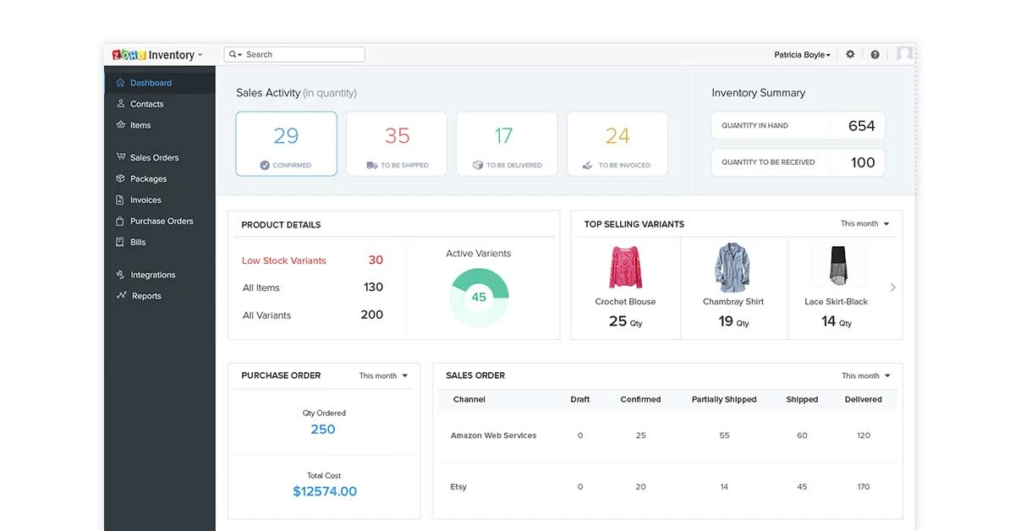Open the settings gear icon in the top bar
(x=850, y=54)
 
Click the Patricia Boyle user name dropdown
(x=802, y=55)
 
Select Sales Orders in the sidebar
(x=154, y=157)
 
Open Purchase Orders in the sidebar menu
(x=161, y=221)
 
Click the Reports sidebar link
(x=145, y=296)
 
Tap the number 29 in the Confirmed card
(x=286, y=135)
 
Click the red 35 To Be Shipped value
(x=397, y=135)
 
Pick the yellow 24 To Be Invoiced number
(x=617, y=135)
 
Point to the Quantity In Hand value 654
(x=861, y=126)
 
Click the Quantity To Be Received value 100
(x=862, y=162)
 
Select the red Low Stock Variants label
(x=283, y=260)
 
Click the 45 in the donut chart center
(x=479, y=297)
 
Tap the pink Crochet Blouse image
(x=625, y=266)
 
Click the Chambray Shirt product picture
(x=732, y=266)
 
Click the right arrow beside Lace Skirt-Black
(x=892, y=287)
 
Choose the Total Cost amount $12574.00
(x=324, y=491)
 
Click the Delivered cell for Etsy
(x=863, y=486)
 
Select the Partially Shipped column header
(x=723, y=399)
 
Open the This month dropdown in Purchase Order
(x=383, y=375)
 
